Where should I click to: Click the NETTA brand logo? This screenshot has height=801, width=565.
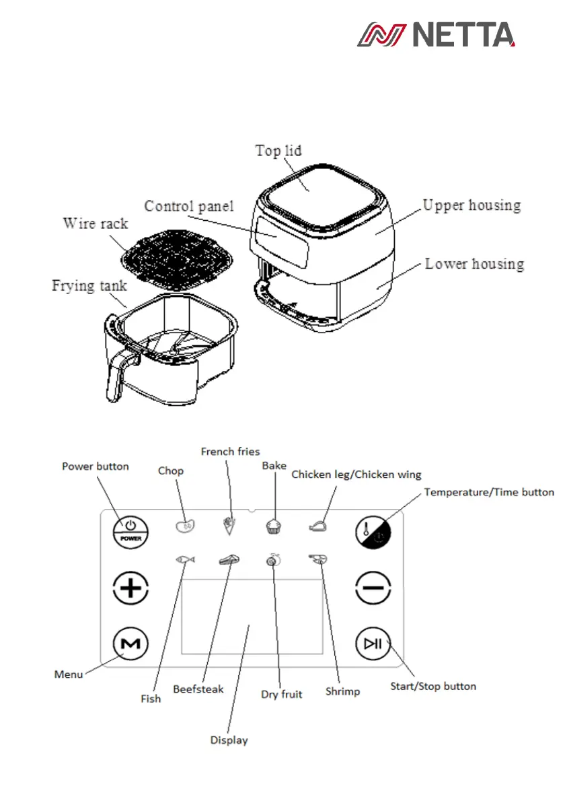click(x=435, y=34)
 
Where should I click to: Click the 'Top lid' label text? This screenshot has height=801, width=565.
click(x=278, y=150)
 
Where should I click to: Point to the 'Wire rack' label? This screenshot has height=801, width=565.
click(x=95, y=223)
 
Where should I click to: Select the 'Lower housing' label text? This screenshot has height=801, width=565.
click(x=474, y=264)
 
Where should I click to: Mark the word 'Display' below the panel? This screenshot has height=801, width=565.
click(x=229, y=740)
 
